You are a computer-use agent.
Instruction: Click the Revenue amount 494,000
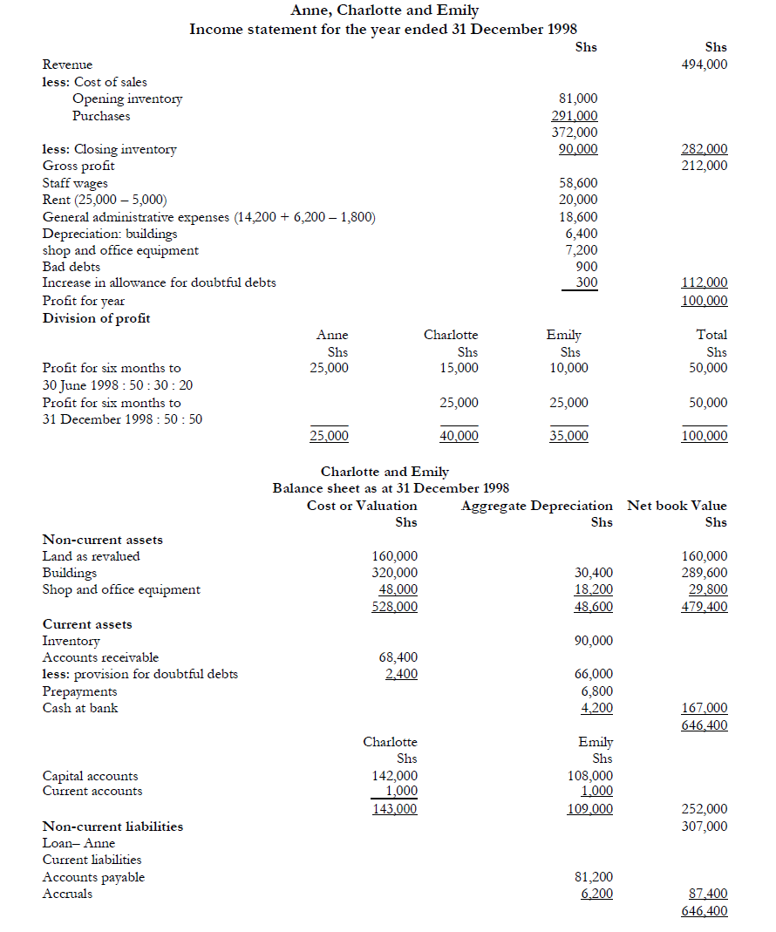point(704,65)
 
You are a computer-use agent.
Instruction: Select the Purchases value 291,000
point(575,116)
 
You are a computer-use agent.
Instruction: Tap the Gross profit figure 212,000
point(704,166)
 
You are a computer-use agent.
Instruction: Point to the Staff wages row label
point(75,183)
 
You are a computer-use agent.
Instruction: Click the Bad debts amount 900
point(588,267)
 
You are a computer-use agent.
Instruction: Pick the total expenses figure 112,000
point(704,283)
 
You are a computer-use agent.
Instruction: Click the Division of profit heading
point(96,318)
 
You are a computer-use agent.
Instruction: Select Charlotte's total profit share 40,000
point(459,436)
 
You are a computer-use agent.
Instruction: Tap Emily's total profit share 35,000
point(568,436)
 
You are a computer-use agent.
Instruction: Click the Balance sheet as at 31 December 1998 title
point(391,488)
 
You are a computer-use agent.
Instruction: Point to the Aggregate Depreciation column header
point(536,506)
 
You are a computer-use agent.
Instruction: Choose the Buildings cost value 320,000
point(394,573)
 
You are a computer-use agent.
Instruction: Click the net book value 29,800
point(707,589)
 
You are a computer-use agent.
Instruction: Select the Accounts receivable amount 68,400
point(398,657)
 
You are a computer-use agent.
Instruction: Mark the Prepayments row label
point(79,691)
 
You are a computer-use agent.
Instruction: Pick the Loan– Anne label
point(78,843)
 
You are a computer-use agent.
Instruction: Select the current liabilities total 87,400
point(707,894)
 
